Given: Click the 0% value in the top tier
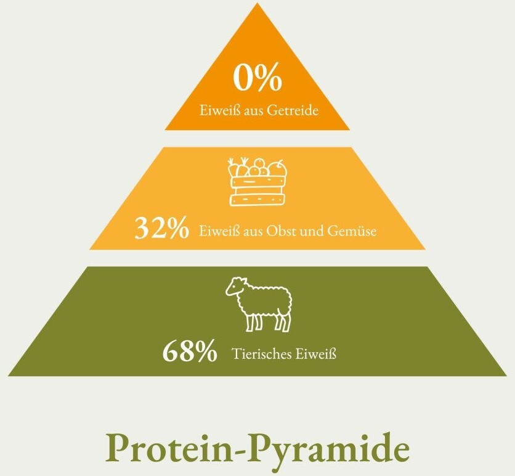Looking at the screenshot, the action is pos(257,78).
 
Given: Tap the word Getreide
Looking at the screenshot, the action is pos(293,110).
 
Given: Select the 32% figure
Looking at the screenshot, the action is pos(162,228).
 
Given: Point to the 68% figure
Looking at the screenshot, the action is pos(190,351).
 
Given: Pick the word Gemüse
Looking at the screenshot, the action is pos(352,231).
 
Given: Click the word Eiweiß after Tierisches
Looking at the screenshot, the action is pos(316,354).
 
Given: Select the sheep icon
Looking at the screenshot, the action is pos(259,304).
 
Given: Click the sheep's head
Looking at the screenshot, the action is pos(235,286).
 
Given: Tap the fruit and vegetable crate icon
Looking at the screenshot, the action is pos(257,182).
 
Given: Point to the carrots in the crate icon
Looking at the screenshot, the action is pos(238,167).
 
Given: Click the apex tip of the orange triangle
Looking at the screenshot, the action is pos(257,3).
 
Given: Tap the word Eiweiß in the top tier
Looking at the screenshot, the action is pos(220,110).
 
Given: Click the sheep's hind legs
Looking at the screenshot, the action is pos(283,321).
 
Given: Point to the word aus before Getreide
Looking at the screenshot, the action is pos(253,112).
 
